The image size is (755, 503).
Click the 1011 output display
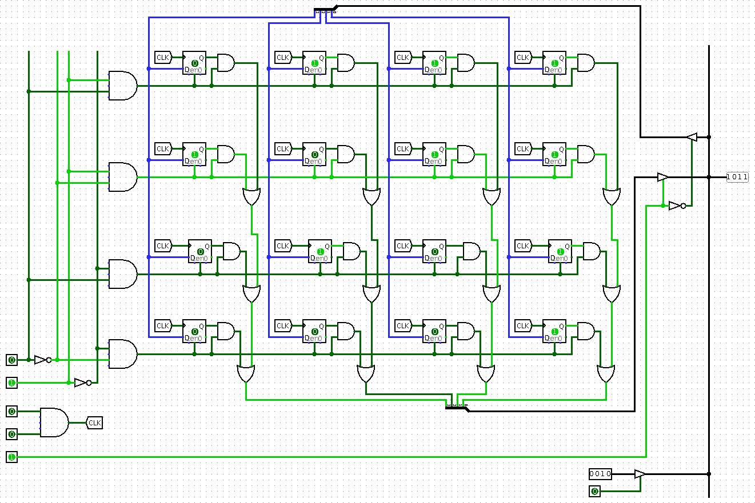tap(737, 177)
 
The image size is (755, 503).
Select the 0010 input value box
tap(600, 474)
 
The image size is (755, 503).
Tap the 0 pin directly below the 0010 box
tap(595, 491)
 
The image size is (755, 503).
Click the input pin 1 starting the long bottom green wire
tap(12, 457)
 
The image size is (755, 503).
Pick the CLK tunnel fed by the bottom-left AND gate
tap(94, 422)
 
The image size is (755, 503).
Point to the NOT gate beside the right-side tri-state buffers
tap(677, 206)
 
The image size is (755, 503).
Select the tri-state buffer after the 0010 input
tap(640, 474)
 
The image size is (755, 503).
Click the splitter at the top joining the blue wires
tap(326, 10)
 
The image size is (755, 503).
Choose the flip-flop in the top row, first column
tap(194, 63)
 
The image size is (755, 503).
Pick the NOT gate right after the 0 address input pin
tap(41, 360)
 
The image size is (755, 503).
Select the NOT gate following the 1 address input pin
tap(82, 383)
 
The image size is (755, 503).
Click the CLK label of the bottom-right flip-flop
tap(523, 325)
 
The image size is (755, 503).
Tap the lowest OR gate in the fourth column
tap(606, 374)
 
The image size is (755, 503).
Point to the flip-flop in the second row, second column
tap(314, 154)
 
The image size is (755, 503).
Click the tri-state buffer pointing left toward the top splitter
tap(692, 137)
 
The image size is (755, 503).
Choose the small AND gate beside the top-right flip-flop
tap(586, 63)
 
